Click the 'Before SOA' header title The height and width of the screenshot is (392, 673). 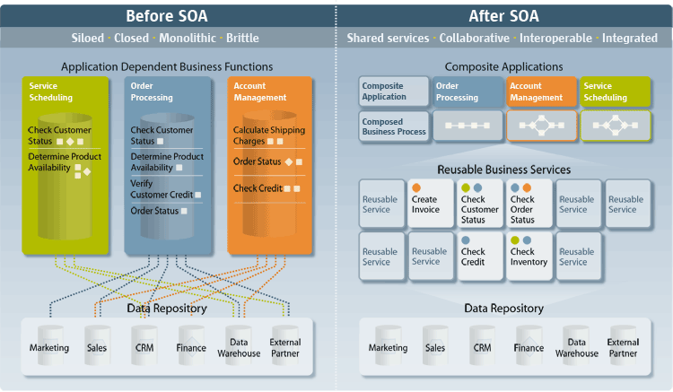point(166,15)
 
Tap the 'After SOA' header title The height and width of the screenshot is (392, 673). point(505,15)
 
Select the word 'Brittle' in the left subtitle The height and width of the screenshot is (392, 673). point(242,39)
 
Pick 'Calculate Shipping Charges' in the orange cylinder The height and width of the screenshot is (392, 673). point(268,135)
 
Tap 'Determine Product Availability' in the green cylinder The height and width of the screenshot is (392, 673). point(63,162)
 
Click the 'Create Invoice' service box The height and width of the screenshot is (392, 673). point(430,203)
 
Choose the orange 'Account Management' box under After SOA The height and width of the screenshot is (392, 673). point(542,91)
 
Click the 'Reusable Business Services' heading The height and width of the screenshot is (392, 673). point(503,169)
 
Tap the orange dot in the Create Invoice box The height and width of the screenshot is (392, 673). point(417,187)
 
